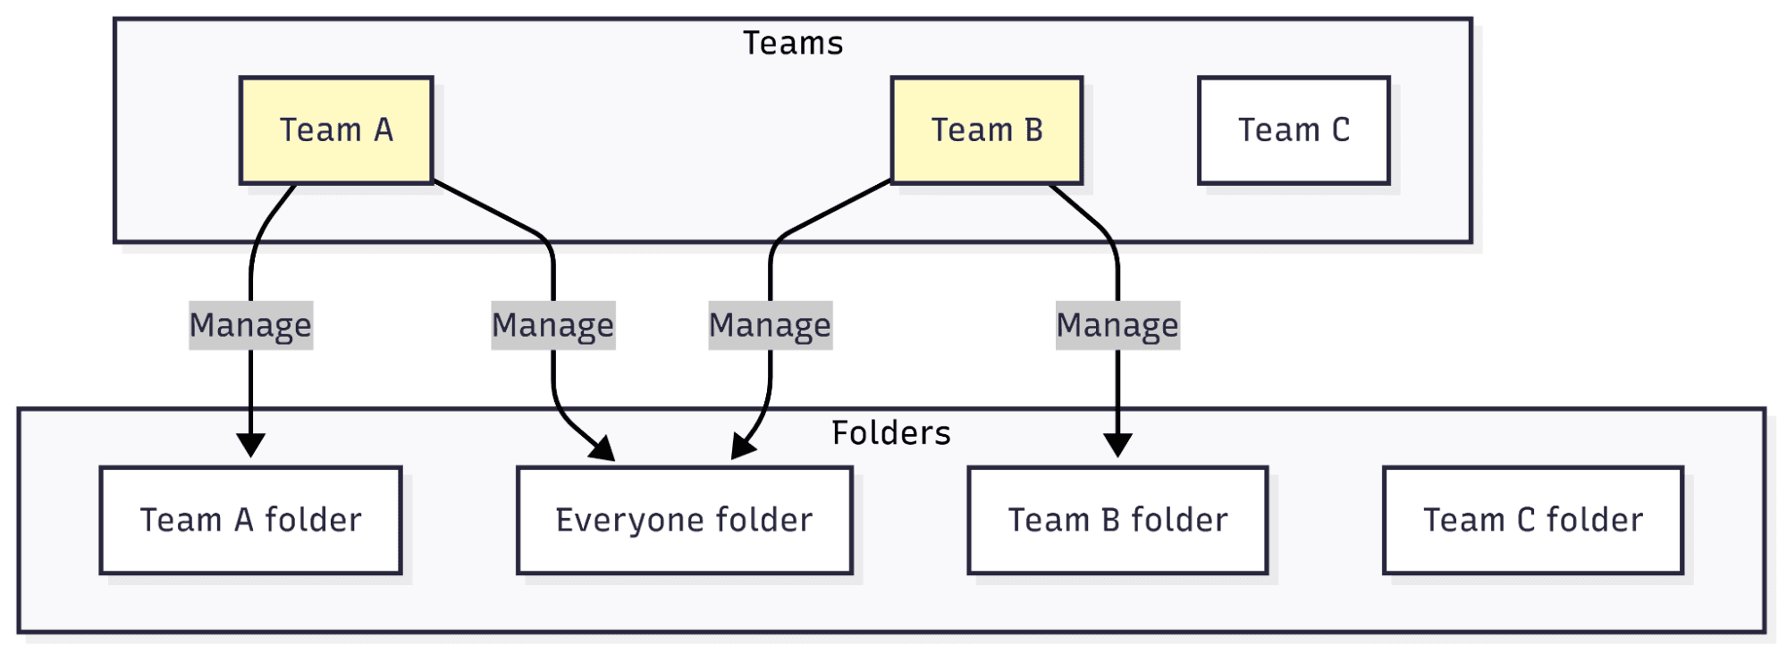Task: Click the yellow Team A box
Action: (x=336, y=130)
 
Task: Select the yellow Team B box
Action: (x=987, y=130)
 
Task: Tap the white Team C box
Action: (x=1294, y=130)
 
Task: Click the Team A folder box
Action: (x=250, y=520)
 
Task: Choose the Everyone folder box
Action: (x=684, y=520)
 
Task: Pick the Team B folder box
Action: (x=1117, y=520)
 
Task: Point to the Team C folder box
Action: (x=1533, y=520)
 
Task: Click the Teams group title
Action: (x=793, y=43)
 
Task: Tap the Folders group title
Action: (x=890, y=433)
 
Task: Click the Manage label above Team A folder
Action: (x=250, y=325)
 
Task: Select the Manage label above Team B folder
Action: (x=1117, y=325)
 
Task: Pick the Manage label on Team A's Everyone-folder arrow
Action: (x=553, y=325)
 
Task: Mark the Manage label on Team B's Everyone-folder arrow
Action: (x=770, y=325)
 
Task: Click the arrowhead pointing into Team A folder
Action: (x=250, y=444)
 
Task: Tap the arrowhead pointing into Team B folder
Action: (x=1117, y=444)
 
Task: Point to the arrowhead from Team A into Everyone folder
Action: (x=603, y=448)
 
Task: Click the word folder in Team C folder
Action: (x=1595, y=520)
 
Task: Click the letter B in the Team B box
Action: (x=1033, y=130)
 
